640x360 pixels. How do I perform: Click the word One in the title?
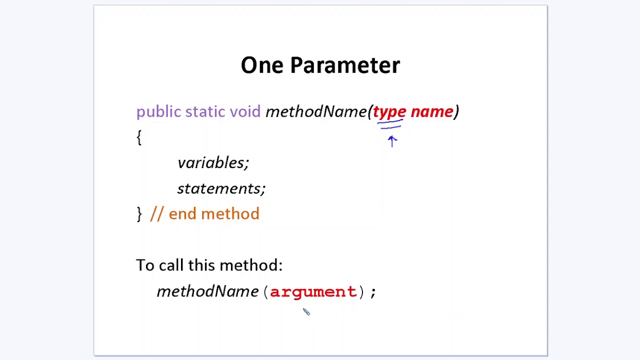[x=262, y=65]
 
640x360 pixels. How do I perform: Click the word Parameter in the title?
[x=345, y=65]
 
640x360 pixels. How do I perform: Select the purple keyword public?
[x=158, y=111]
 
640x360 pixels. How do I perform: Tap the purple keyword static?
[x=205, y=111]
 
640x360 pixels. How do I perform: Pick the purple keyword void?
[x=245, y=111]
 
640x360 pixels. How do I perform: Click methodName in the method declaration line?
[x=316, y=111]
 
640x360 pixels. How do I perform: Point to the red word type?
[x=389, y=111]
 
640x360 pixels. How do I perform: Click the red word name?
[x=432, y=111]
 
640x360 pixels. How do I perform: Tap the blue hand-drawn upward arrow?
[x=392, y=141]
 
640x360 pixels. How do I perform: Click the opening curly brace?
[x=139, y=137]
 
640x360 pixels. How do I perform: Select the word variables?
[x=213, y=163]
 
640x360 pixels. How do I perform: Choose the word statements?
[x=221, y=188]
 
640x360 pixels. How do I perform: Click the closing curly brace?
[x=139, y=213]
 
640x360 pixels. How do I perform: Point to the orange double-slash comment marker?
[x=157, y=213]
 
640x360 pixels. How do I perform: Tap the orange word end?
[x=182, y=213]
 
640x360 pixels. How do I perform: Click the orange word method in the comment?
[x=230, y=213]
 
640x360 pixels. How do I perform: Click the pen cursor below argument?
[x=306, y=311]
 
